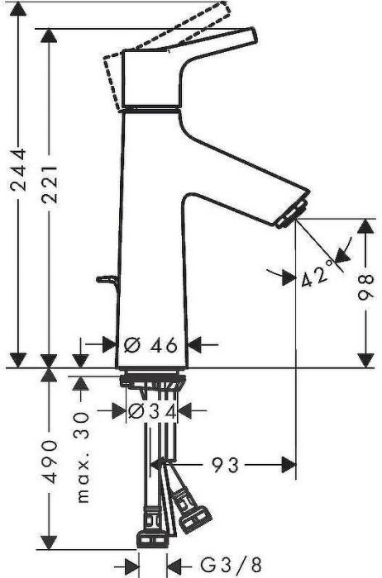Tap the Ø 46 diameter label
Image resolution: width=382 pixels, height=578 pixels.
[151, 345]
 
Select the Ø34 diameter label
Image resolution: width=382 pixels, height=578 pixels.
[152, 411]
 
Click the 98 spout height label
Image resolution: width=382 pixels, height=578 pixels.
[365, 287]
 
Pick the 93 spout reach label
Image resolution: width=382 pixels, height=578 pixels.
[225, 465]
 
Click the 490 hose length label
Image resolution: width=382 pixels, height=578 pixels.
[50, 462]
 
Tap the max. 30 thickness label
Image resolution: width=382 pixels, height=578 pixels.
[82, 457]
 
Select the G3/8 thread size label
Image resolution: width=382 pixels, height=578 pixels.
[231, 564]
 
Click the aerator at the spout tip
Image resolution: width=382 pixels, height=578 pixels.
[292, 213]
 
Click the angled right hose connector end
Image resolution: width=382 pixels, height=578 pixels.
[194, 519]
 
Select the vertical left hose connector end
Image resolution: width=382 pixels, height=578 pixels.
[152, 539]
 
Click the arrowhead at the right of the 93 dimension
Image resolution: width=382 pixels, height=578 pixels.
[289, 465]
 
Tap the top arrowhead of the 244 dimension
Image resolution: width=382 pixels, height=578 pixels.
[18, 9]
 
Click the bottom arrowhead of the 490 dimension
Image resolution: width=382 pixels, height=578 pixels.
[50, 542]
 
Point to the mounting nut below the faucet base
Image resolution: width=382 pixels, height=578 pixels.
[152, 381]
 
